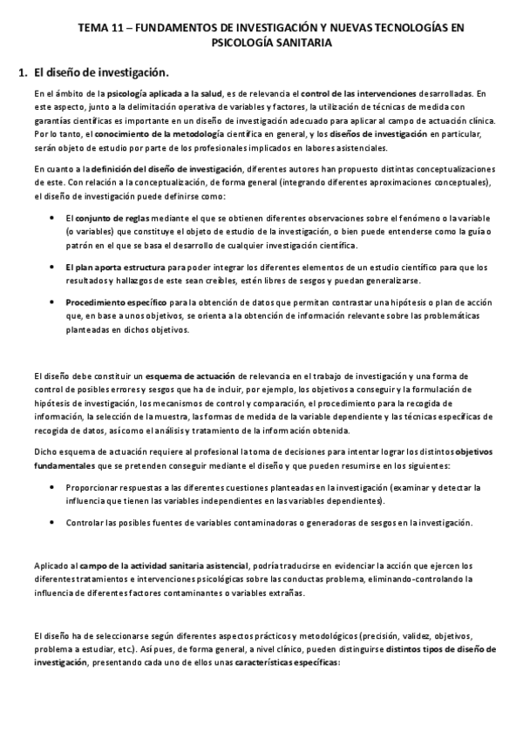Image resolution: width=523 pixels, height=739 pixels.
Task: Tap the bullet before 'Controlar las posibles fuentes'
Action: pos(54,522)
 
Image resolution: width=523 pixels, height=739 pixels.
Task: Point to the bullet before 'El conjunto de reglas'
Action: pos(54,216)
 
